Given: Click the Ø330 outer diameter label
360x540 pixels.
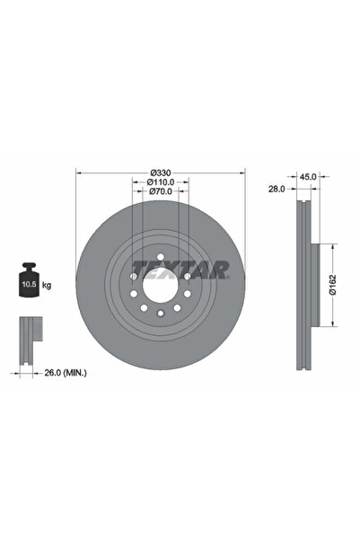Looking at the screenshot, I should [x=161, y=172].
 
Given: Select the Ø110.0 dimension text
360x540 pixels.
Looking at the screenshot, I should [x=159, y=182].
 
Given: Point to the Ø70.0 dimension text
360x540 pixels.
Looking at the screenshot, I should [x=159, y=192].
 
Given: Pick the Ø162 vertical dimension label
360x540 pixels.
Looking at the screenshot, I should [x=332, y=284].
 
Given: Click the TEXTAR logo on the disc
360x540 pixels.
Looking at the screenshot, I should [x=180, y=268].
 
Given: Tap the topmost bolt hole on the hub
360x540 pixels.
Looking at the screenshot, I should [x=159, y=259].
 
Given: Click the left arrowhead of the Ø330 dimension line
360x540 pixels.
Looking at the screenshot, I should [x=79, y=172].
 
